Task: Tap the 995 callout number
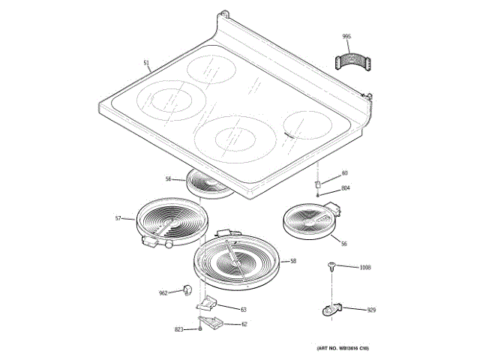346,37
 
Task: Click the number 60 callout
345,174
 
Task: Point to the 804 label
346,188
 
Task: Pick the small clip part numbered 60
318,183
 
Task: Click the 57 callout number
118,218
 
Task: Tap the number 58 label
293,261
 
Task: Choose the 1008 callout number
365,268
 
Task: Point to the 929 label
370,309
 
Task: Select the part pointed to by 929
331,307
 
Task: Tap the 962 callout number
163,293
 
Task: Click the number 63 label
244,309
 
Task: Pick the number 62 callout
244,324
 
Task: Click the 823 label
178,329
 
